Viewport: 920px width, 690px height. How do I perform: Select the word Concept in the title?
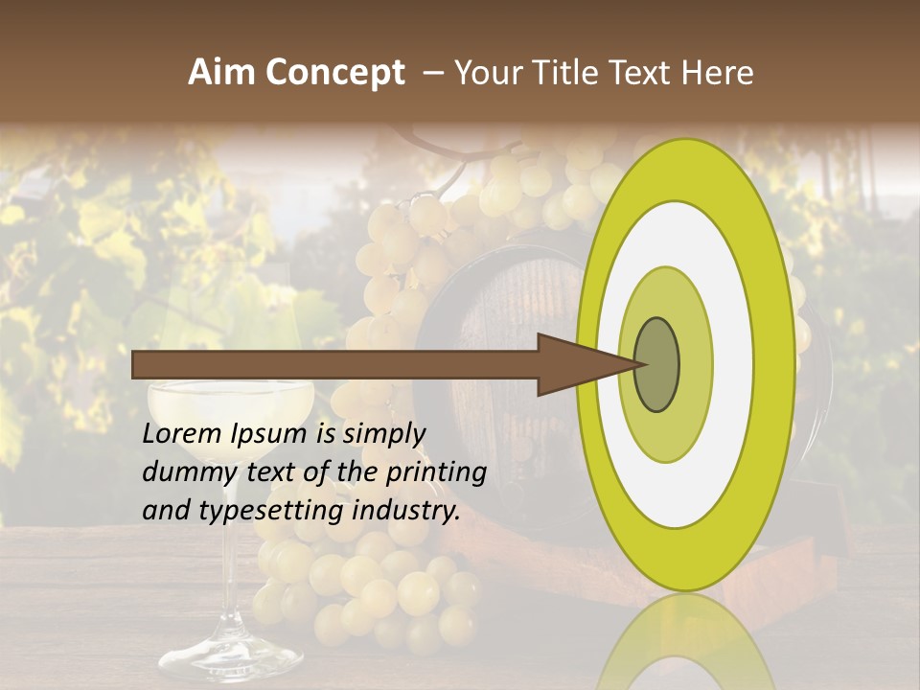pyautogui.click(x=334, y=74)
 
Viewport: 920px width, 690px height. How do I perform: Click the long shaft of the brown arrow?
pyautogui.click(x=335, y=364)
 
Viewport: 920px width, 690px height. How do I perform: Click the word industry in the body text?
pyautogui.click(x=407, y=511)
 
